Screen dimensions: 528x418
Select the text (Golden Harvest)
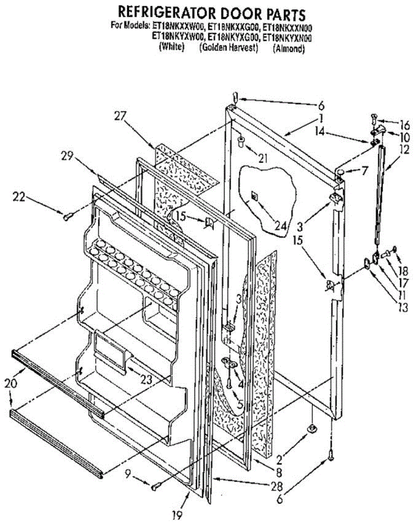click(x=229, y=48)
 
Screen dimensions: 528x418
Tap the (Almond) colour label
click(x=289, y=49)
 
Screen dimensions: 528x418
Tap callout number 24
click(x=280, y=226)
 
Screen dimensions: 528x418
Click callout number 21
click(x=263, y=158)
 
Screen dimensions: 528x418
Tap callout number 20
click(x=12, y=384)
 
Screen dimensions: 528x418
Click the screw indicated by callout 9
click(x=155, y=487)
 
